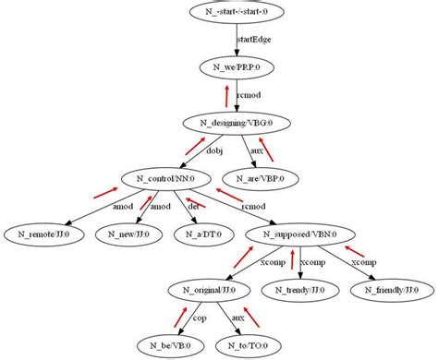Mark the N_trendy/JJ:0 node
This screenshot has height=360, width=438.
point(300,290)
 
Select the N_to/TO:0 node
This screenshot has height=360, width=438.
point(248,345)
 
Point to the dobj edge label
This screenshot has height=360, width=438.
point(214,150)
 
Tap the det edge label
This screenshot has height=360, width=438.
point(193,206)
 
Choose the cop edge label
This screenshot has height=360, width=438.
point(199,318)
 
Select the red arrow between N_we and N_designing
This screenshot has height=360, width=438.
point(225,93)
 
